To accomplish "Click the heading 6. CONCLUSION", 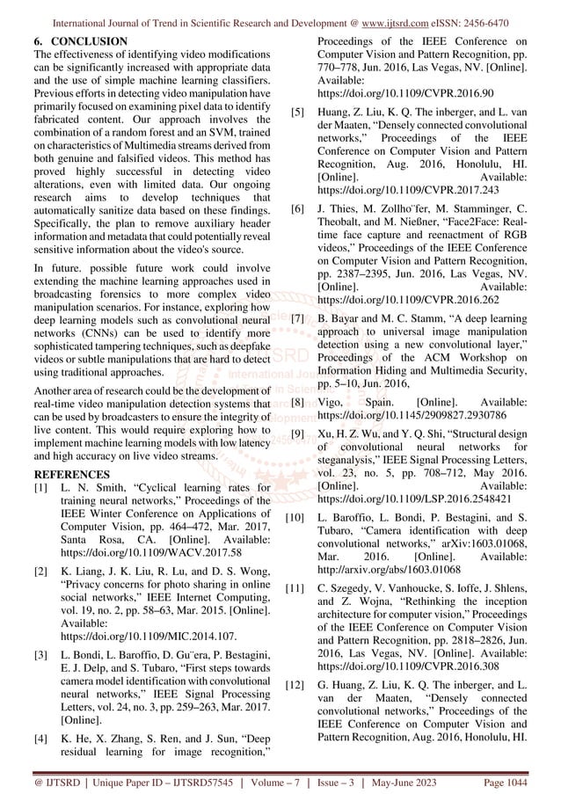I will [x=79, y=42].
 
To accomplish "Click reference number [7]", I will [x=298, y=341].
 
